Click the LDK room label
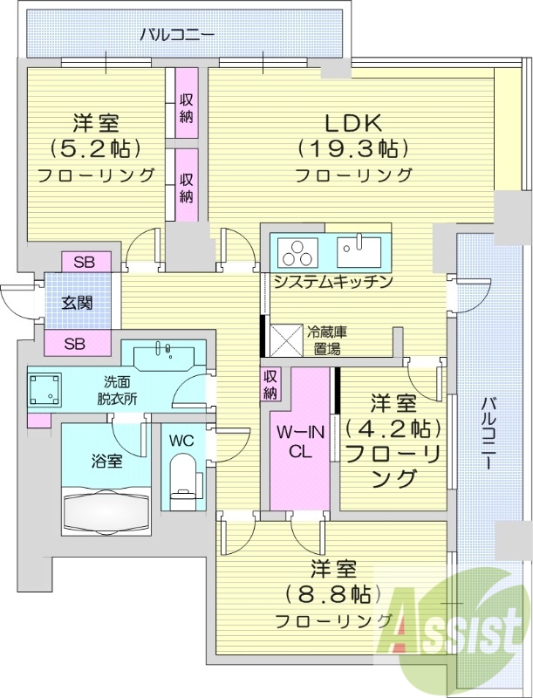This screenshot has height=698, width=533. tap(352, 123)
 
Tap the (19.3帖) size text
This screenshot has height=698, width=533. tap(352, 148)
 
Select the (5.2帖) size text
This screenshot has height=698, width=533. tap(96, 148)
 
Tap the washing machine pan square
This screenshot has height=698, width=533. tap(45, 391)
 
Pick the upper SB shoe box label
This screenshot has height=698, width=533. tap(85, 261)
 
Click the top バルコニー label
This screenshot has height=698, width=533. tap(178, 36)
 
